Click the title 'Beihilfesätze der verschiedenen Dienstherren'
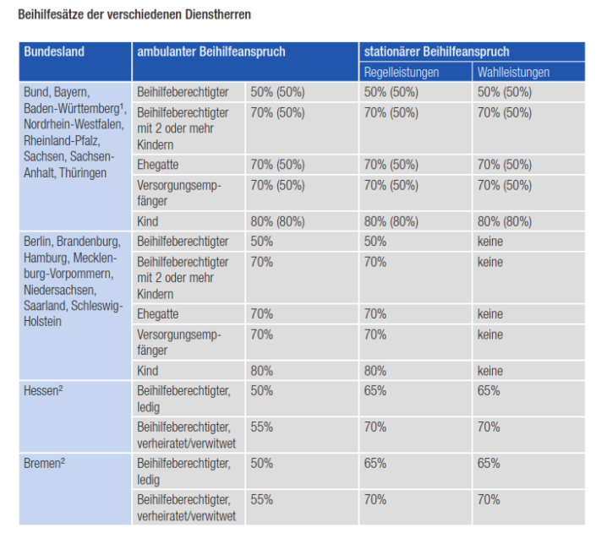[x=134, y=15]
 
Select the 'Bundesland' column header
[x=54, y=52]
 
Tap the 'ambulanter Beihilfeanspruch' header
[x=211, y=52]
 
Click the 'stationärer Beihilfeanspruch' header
[x=436, y=52]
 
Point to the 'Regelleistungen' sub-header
[x=402, y=73]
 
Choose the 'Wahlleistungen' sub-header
[x=513, y=73]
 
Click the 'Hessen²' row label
[x=46, y=391]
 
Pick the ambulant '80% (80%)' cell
[x=277, y=222]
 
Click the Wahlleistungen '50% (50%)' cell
[x=505, y=93]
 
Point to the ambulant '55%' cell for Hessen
[x=262, y=427]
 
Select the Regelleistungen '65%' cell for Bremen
[x=375, y=464]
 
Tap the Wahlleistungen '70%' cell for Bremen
[x=489, y=500]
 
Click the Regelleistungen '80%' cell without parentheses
[x=375, y=371]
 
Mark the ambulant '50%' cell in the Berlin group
[x=262, y=242]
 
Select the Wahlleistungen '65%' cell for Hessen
[x=489, y=391]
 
